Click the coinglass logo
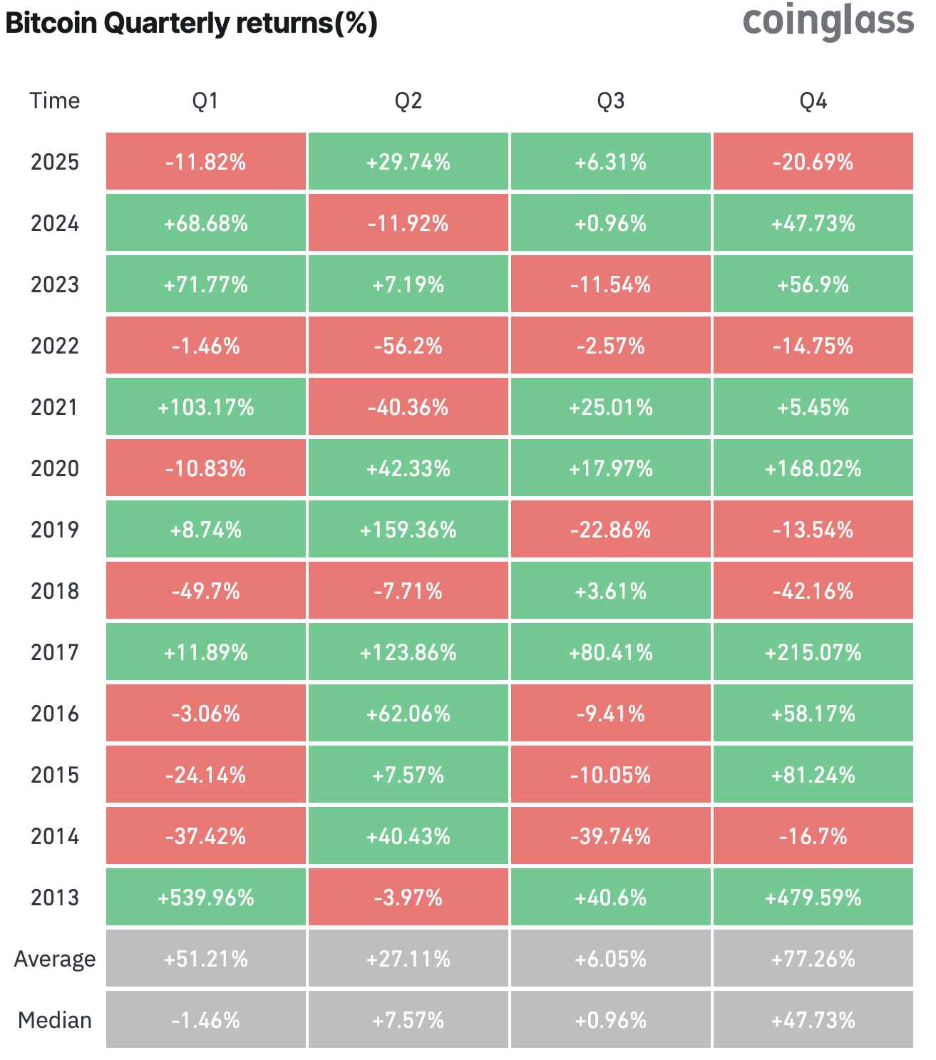pos(828,22)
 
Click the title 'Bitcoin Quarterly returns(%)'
pos(191,24)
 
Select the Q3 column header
pos(610,101)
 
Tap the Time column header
pos(55,101)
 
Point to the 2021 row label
pos(55,407)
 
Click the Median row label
pos(55,1020)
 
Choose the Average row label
pos(55,959)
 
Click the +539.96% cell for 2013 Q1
pos(206,897)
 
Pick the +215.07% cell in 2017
pos(813,652)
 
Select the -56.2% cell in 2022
pos(408,346)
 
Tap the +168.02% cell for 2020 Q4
pos(813,468)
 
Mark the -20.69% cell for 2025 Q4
pos(813,162)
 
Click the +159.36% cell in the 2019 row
pos(408,530)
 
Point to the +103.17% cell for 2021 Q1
pos(206,407)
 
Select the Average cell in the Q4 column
pos(813,959)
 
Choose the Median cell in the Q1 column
pos(206,1020)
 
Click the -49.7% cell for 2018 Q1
pos(206,591)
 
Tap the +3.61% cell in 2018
pos(610,591)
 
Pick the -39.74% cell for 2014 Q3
pos(610,836)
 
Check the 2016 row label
pos(55,714)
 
